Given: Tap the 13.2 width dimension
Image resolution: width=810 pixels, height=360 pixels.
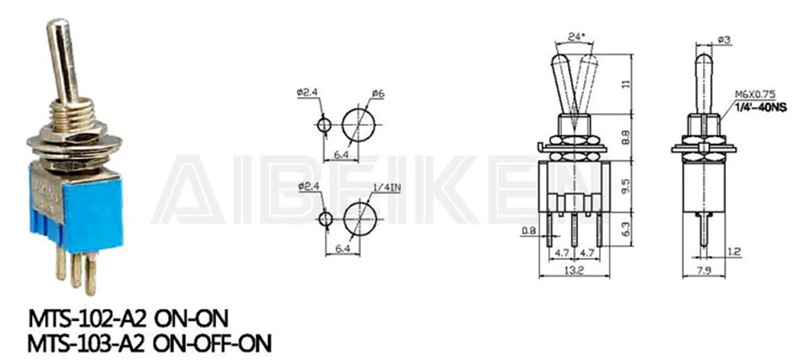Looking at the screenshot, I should point(574,270).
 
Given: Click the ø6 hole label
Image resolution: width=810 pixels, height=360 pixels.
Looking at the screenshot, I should point(378,93).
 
